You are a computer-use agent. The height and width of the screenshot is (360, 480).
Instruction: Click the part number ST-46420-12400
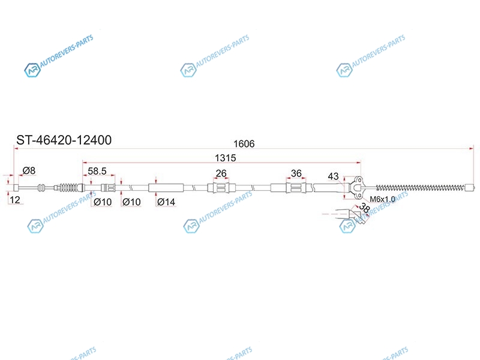tap(64, 140)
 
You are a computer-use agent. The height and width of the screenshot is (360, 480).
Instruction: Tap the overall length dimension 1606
tap(244, 143)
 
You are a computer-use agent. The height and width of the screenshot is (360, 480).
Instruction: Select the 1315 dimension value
tap(226, 158)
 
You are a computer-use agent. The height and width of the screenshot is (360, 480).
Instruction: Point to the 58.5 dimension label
tap(97, 171)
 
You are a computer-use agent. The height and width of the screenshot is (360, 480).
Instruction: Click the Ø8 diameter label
tap(29, 170)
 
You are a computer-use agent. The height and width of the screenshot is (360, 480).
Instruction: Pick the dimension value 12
tap(14, 200)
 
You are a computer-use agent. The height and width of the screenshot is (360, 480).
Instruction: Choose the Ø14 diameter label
tap(166, 202)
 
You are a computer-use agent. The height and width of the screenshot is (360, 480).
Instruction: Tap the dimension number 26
tap(221, 173)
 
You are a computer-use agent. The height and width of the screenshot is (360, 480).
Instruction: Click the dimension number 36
tap(296, 173)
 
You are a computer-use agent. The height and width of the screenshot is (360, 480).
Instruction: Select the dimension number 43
tap(333, 176)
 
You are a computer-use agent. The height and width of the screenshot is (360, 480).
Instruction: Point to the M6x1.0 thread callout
tap(382, 199)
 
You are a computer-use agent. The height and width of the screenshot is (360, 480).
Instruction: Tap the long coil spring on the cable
tap(421, 188)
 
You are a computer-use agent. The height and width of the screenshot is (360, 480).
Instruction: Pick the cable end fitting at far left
tap(17, 188)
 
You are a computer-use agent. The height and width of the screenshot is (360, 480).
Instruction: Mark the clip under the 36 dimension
tap(296, 188)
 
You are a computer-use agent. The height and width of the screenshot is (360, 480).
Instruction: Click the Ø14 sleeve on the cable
tap(166, 188)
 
